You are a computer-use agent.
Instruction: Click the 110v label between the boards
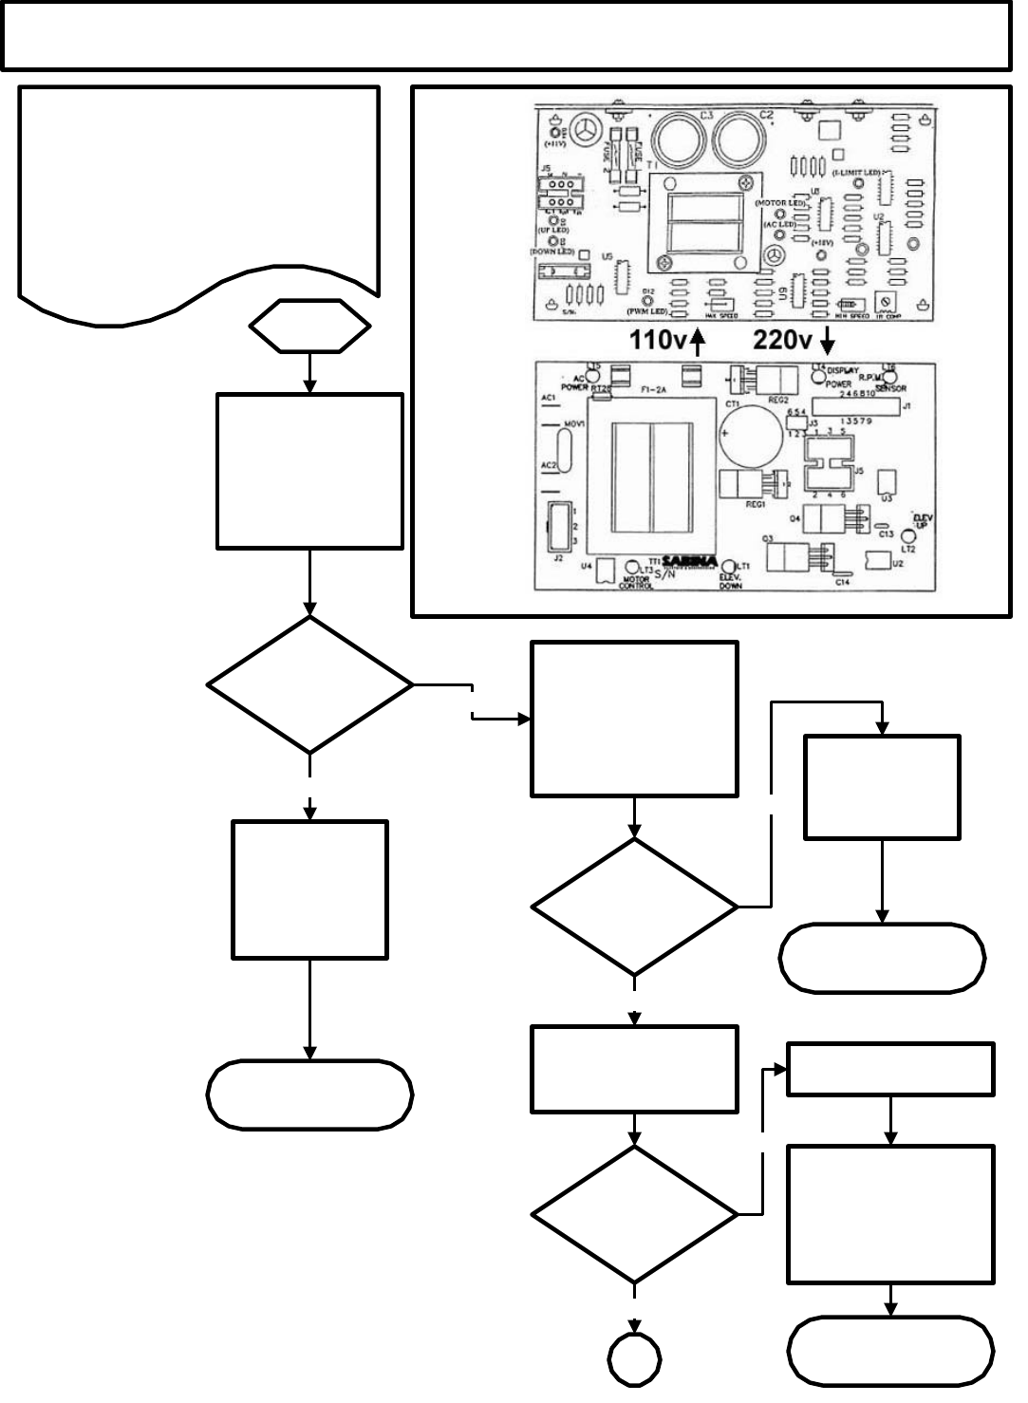click(x=658, y=341)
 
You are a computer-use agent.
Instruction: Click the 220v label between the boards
click(x=785, y=341)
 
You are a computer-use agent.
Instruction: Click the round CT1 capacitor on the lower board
click(x=745, y=438)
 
